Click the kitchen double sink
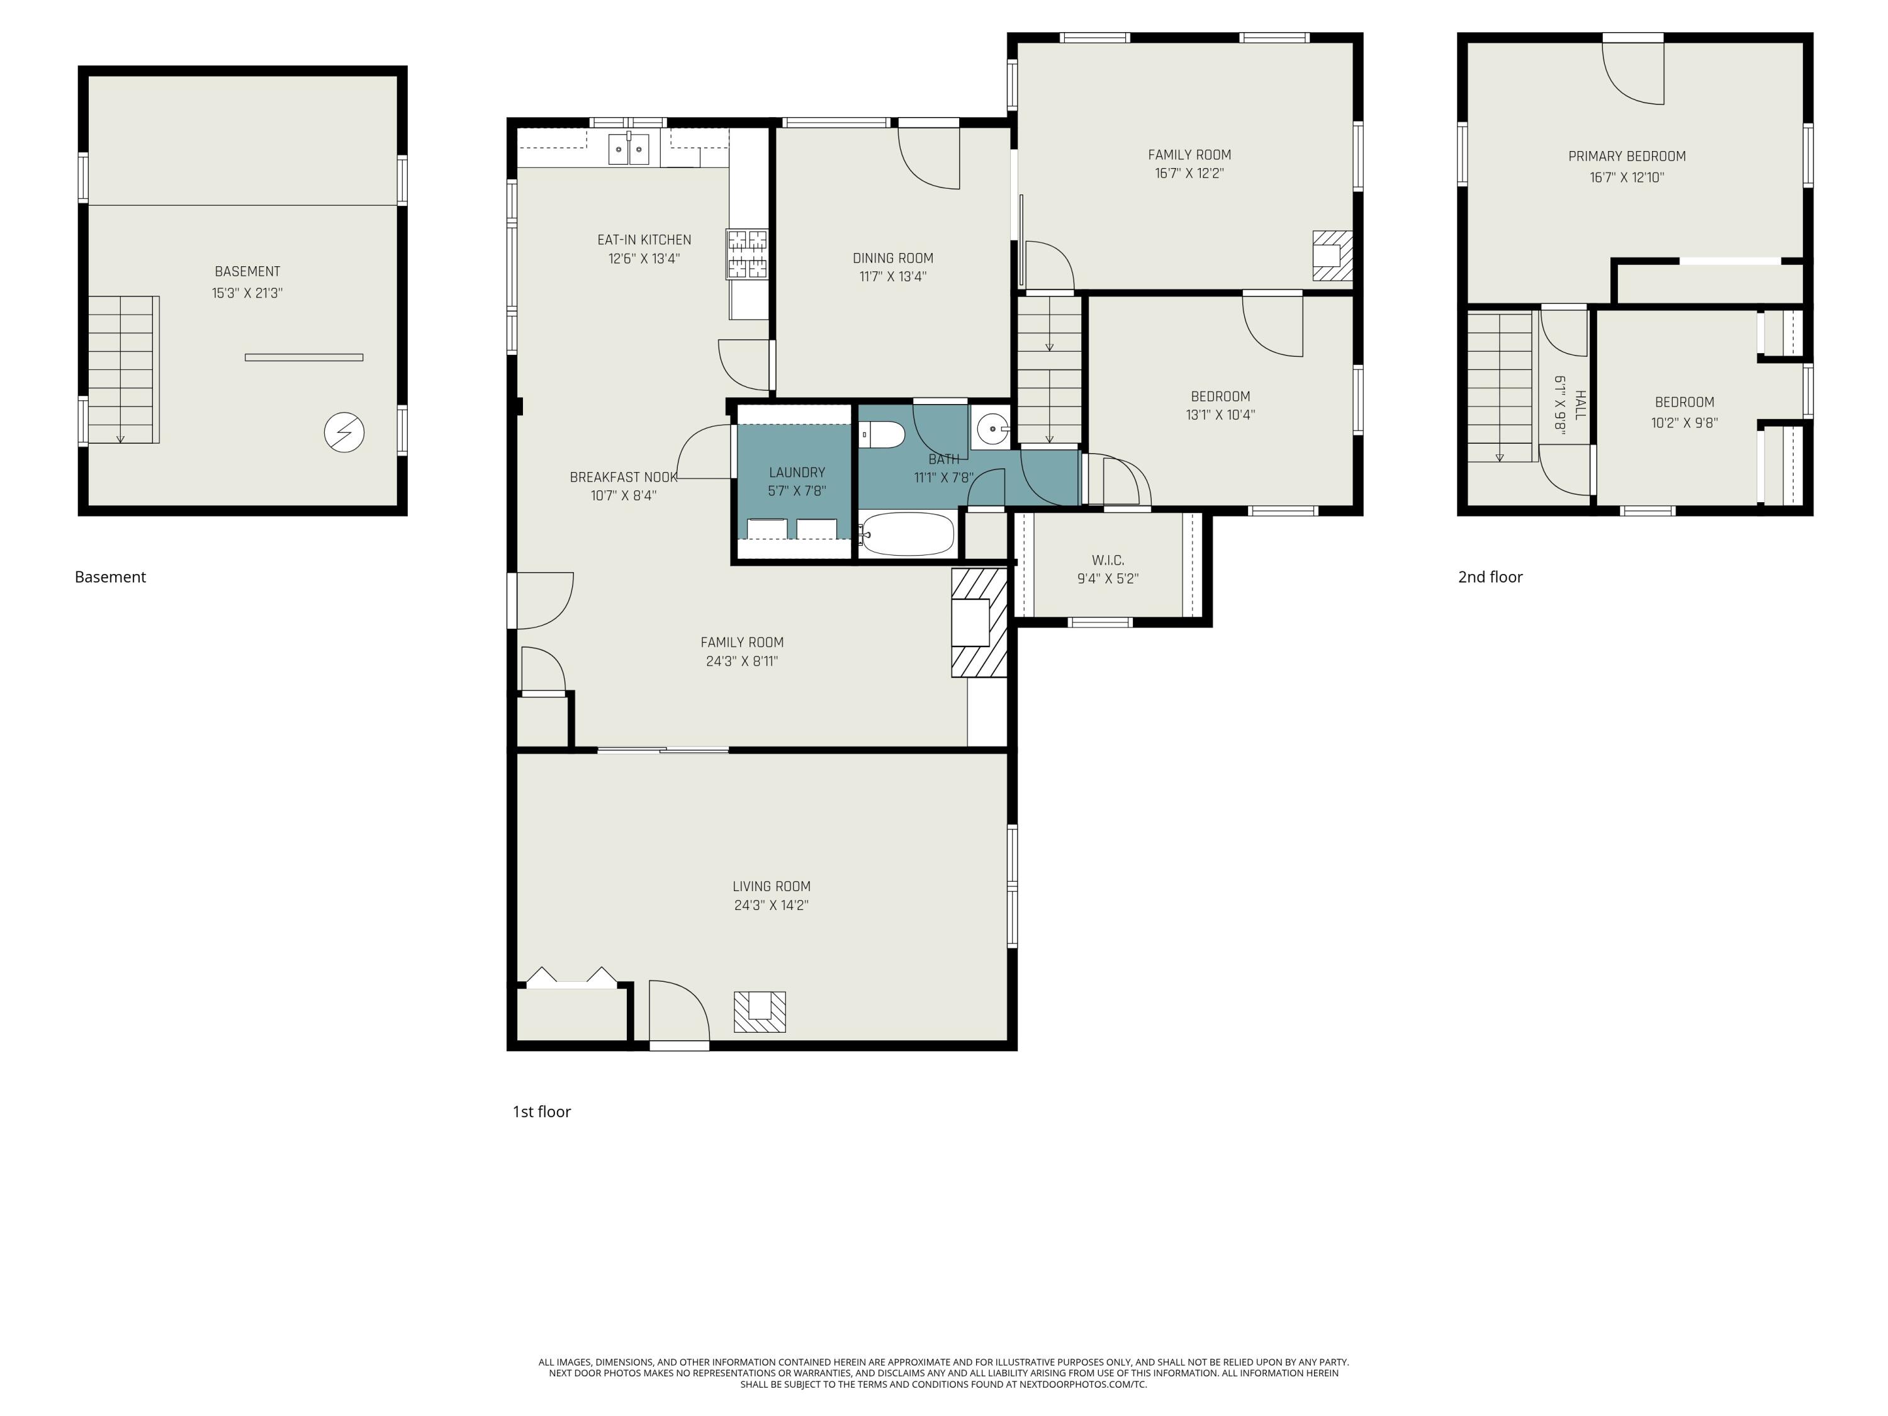click(x=628, y=149)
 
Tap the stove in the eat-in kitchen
click(x=747, y=254)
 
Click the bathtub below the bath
click(x=906, y=534)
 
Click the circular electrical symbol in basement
click(x=344, y=433)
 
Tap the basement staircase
click(x=123, y=369)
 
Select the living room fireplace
click(x=759, y=1011)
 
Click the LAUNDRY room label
click(x=796, y=472)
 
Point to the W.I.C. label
click(x=1107, y=560)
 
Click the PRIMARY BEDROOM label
click(x=1626, y=156)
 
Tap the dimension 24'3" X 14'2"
click(x=771, y=906)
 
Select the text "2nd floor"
click(x=1490, y=577)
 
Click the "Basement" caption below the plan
click(x=110, y=577)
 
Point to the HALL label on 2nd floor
click(x=1580, y=405)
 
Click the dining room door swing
click(x=930, y=159)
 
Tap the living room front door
click(x=678, y=1016)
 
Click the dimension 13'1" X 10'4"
click(x=1220, y=415)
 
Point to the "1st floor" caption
click(x=541, y=1111)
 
